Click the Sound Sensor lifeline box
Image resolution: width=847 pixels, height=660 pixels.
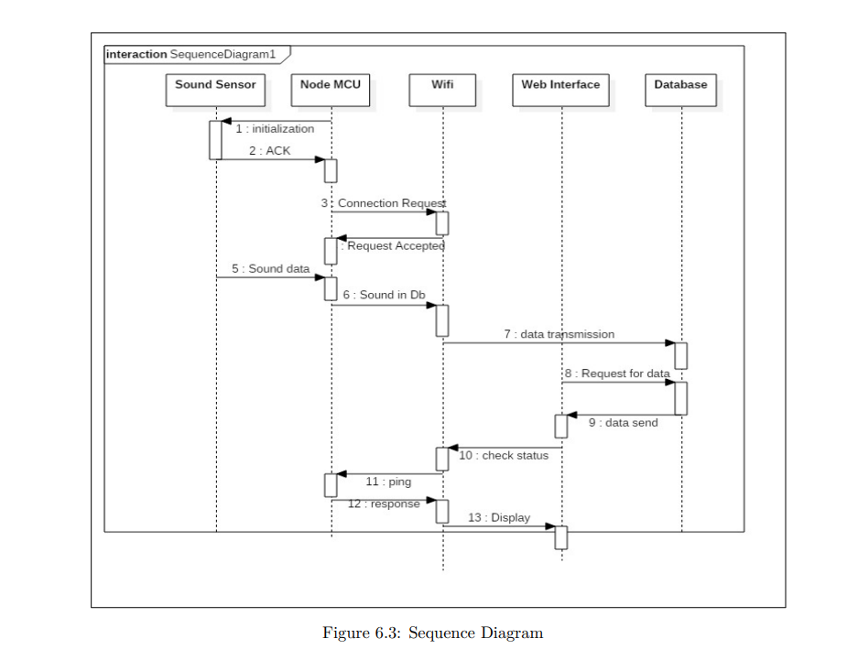(x=215, y=89)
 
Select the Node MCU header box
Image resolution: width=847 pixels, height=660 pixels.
(x=331, y=89)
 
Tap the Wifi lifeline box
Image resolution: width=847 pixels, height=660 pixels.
(x=442, y=89)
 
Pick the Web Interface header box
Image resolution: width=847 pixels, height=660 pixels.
(x=560, y=89)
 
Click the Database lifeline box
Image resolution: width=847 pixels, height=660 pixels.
(x=680, y=89)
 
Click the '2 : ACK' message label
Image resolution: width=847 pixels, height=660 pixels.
(x=269, y=150)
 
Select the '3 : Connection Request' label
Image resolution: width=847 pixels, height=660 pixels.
(x=384, y=203)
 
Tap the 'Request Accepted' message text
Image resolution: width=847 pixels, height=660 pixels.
(x=393, y=245)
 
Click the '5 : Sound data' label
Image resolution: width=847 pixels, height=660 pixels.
(x=270, y=269)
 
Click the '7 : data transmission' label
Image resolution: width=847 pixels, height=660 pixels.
(x=559, y=334)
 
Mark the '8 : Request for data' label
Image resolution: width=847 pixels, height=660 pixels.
(x=617, y=373)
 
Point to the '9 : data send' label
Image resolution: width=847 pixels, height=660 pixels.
(x=623, y=423)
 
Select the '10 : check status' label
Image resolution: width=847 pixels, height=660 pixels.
(x=504, y=455)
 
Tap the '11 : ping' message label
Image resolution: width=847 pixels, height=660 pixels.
(x=388, y=481)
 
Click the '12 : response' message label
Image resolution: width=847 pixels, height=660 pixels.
(x=384, y=503)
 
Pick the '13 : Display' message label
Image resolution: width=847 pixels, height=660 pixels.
(x=499, y=517)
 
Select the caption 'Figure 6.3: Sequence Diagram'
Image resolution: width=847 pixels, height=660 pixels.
(x=432, y=633)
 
